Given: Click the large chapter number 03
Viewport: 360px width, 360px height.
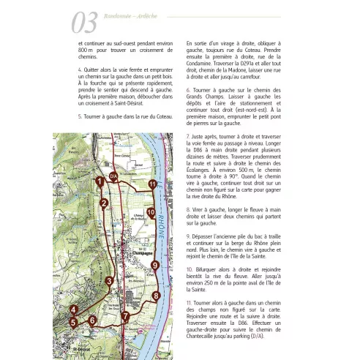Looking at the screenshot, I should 85,23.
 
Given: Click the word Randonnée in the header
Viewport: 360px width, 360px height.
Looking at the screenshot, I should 121,20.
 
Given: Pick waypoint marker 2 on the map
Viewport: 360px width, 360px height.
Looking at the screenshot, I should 105,203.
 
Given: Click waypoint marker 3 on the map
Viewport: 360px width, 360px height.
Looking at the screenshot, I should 109,281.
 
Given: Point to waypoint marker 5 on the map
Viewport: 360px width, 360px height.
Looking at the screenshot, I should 73,341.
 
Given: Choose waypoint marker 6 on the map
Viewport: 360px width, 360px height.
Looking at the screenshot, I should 91,340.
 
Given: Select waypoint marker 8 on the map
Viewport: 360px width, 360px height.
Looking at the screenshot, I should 155,296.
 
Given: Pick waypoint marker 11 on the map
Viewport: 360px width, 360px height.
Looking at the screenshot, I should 152,184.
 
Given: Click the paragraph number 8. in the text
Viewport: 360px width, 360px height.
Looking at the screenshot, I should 189,209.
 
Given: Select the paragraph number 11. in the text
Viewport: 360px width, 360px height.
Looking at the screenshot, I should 190,301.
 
